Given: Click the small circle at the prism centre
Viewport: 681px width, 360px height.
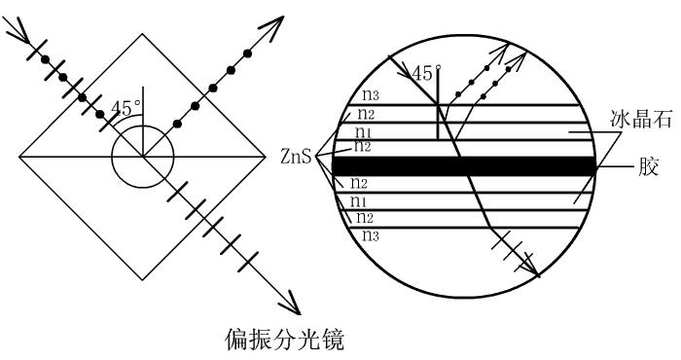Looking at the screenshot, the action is point(143,156).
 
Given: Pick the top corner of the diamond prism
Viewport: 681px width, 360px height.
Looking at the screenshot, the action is point(143,34).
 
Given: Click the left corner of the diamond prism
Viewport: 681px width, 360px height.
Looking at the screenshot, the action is point(19,156).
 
